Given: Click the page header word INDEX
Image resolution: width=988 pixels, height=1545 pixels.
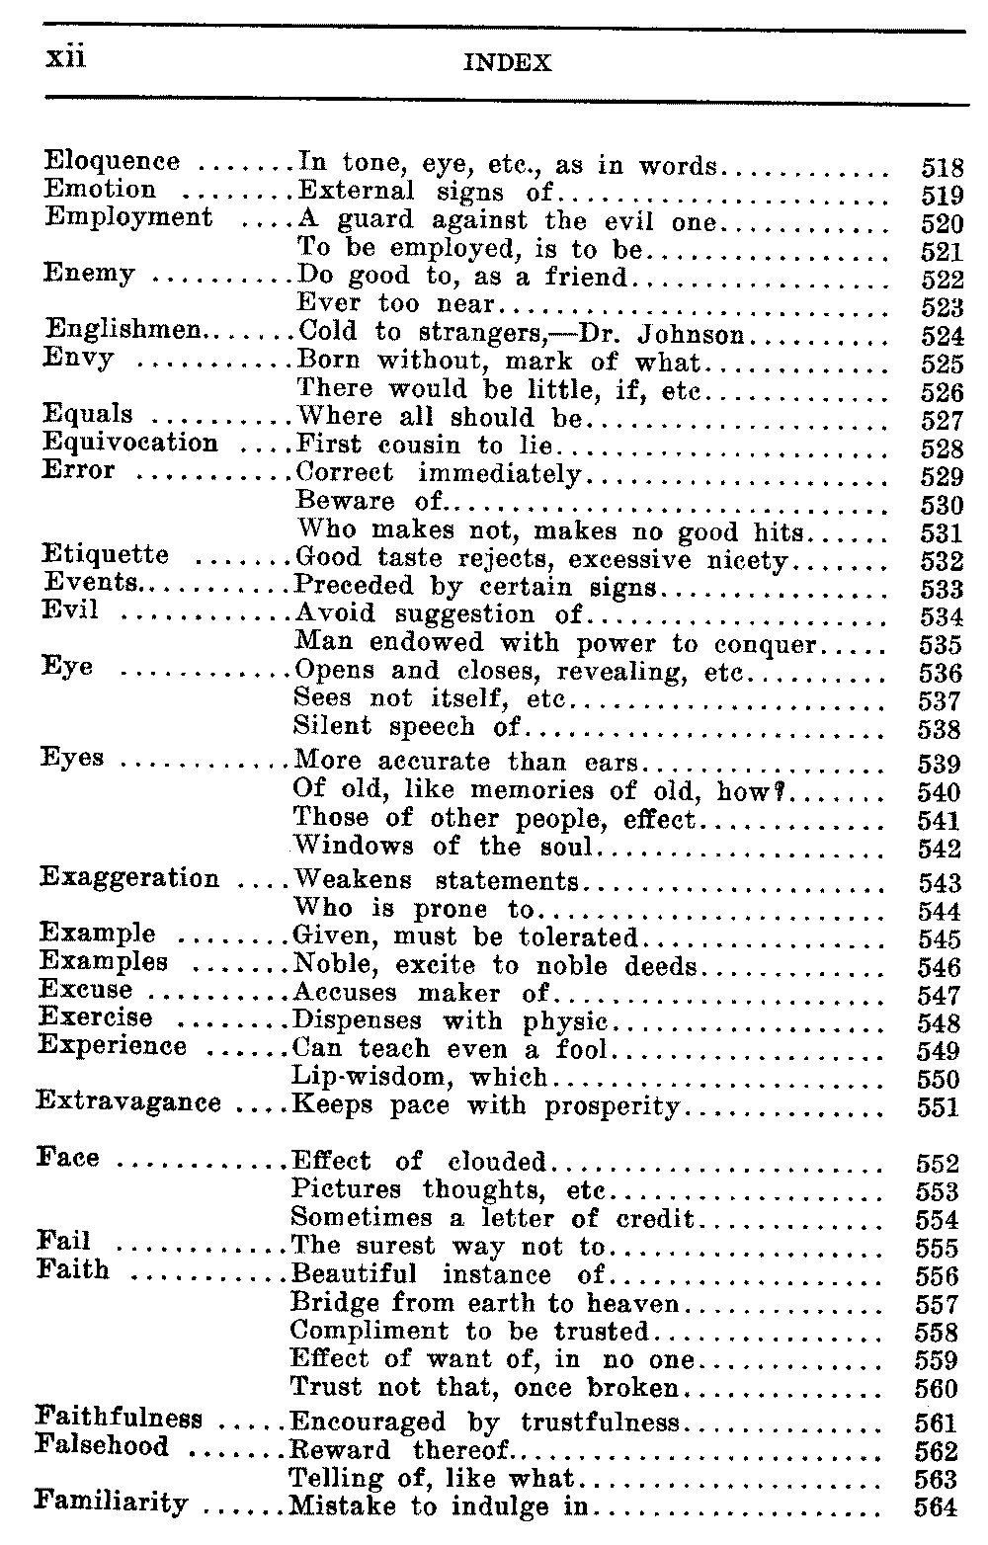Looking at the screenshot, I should [507, 64].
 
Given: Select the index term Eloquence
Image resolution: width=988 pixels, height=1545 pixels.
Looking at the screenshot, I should [113, 162].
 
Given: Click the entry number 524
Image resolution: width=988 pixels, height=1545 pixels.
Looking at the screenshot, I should [941, 336].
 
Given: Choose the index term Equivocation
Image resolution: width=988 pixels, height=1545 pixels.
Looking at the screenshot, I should [129, 443].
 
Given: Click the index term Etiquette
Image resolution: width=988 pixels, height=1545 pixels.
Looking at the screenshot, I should [106, 555].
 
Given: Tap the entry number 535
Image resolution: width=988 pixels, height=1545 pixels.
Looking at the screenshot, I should [940, 646].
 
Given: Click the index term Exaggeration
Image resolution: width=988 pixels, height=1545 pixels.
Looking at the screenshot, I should [128, 878].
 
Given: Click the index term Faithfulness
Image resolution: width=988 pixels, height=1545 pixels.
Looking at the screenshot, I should [119, 1420].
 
